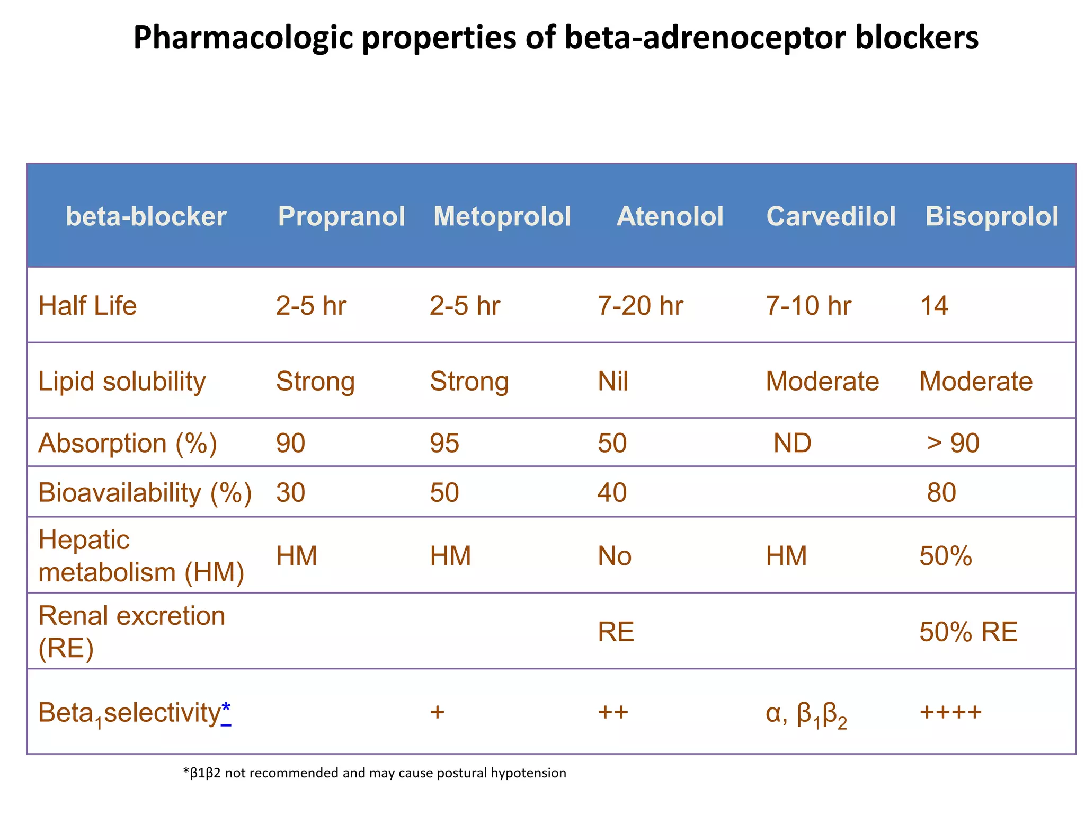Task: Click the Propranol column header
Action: pos(341,216)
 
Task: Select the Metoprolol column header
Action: pos(502,216)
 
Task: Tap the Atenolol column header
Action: pos(670,216)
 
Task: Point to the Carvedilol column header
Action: pos(831,216)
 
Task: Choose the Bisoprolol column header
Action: pos(992,216)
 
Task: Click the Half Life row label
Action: pos(87,306)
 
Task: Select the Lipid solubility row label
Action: pos(122,382)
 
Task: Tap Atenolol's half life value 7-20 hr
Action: pos(640,306)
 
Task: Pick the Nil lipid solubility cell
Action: pos(613,382)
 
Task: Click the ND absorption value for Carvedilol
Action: pos(792,443)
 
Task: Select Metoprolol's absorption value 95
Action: pos(444,443)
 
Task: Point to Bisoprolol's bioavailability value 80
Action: pos(941,492)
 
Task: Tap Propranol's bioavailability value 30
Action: pos(290,492)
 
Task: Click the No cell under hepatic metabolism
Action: pos(615,556)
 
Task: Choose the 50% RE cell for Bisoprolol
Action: pos(968,632)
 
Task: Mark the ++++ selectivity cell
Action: pos(950,711)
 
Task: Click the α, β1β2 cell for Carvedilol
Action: pos(806,713)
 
